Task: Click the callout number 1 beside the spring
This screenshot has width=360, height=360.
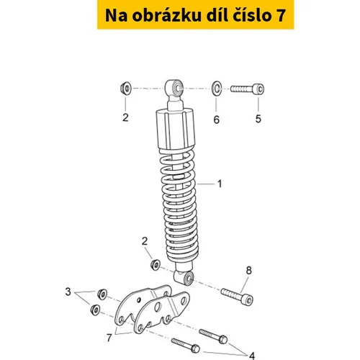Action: tap(220, 184)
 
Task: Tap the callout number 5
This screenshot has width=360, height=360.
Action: tap(258, 119)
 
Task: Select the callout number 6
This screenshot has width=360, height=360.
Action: tap(217, 120)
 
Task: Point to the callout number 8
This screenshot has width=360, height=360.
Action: tap(248, 271)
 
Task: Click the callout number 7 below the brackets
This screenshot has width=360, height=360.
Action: tap(109, 338)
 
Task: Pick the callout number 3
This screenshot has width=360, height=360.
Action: tap(68, 292)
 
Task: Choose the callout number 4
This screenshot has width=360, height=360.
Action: tap(252, 356)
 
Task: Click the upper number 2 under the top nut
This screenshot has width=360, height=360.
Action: tap(125, 117)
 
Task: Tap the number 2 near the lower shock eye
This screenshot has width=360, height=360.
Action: tap(145, 241)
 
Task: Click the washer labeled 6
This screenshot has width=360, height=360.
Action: tap(217, 89)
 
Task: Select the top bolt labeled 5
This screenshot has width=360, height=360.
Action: tap(248, 89)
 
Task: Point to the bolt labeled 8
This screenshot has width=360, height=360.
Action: tap(237, 296)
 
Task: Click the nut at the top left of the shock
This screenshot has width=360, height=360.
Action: tap(126, 88)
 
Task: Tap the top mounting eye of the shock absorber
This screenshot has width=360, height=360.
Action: tap(174, 88)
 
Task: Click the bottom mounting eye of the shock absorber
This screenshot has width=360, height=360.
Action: tap(184, 277)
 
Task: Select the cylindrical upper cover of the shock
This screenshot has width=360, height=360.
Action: tap(176, 130)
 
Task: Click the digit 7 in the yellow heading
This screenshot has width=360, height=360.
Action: tap(279, 16)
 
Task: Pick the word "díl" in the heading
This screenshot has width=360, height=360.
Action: tap(217, 15)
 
